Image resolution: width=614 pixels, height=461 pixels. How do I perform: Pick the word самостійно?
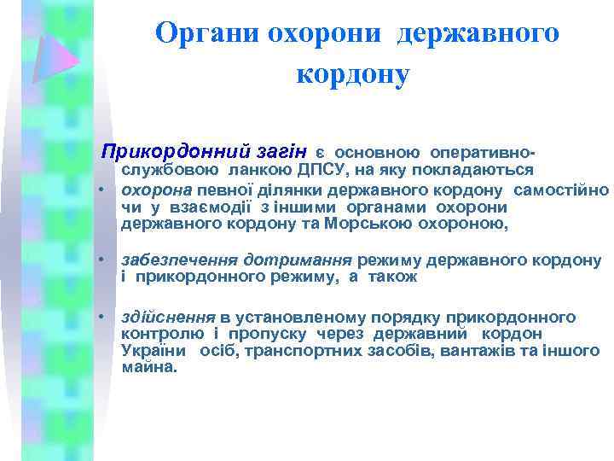pyautogui.click(x=563, y=189)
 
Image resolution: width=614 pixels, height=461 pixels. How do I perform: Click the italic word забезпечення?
pyautogui.click(x=181, y=260)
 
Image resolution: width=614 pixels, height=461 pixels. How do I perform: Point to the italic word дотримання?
pyautogui.click(x=298, y=260)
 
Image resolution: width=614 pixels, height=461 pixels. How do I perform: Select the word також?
pyautogui.click(x=393, y=277)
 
